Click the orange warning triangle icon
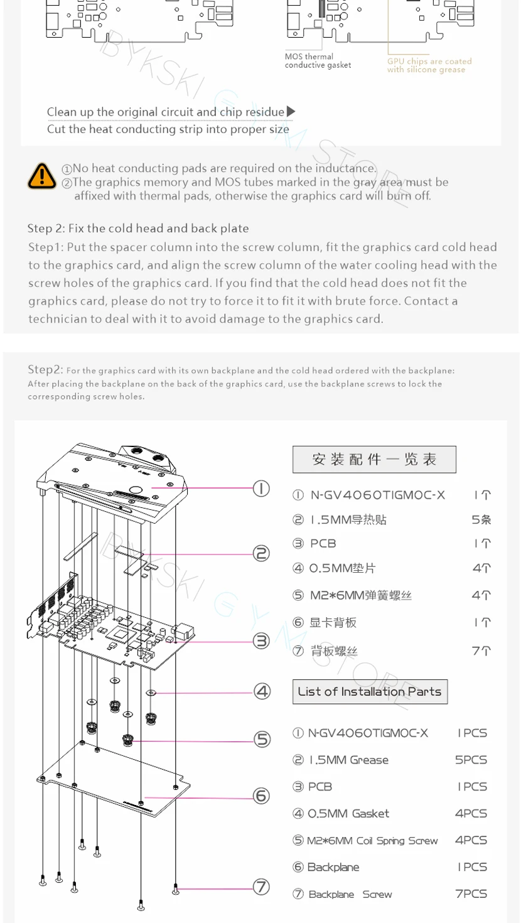click(x=42, y=176)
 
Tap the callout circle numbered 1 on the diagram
click(x=261, y=488)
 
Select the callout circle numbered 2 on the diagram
click(x=261, y=553)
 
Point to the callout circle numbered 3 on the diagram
click(x=261, y=640)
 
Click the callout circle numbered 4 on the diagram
click(x=262, y=691)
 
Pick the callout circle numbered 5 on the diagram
click(x=262, y=740)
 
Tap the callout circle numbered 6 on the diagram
click(x=261, y=796)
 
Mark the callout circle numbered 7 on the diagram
click(x=261, y=887)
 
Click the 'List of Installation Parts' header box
click(x=370, y=691)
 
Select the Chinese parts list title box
click(x=374, y=460)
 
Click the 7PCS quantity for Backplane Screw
click(x=471, y=893)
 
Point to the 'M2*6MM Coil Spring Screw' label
click(x=372, y=840)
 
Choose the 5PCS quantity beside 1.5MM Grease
click(x=471, y=760)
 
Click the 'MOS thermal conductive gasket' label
click(x=318, y=61)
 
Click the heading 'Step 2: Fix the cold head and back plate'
click(x=138, y=229)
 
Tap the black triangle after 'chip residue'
click(x=291, y=112)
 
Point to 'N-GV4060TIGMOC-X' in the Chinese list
click(x=377, y=495)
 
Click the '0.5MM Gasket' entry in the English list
click(x=348, y=813)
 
